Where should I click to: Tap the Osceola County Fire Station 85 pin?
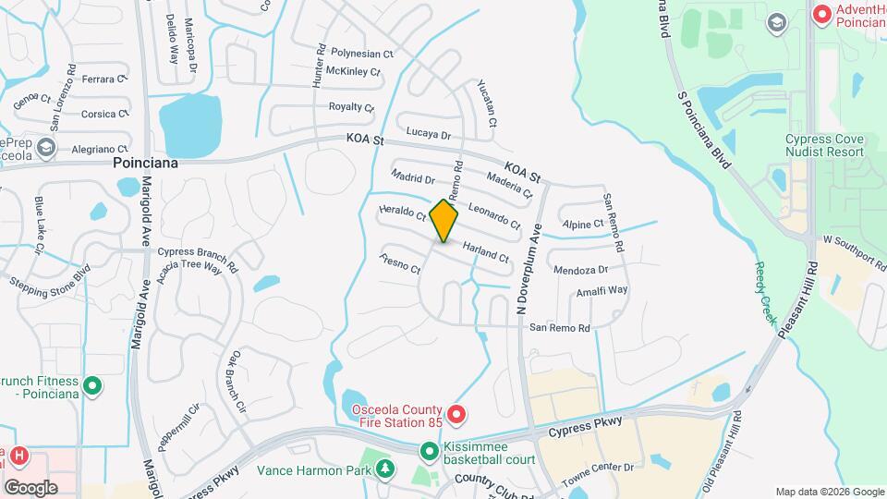[x=456, y=413]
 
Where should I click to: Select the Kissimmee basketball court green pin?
[x=430, y=452]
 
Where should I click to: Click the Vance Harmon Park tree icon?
[x=384, y=470]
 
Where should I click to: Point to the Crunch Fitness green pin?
[x=91, y=385]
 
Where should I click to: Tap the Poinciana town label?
[x=145, y=162]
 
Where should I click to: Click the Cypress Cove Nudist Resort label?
[x=824, y=145]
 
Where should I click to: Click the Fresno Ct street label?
[x=399, y=263]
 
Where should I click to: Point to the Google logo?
[x=30, y=487]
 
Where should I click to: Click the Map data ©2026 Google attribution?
[x=828, y=492]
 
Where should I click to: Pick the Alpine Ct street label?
[x=583, y=224]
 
